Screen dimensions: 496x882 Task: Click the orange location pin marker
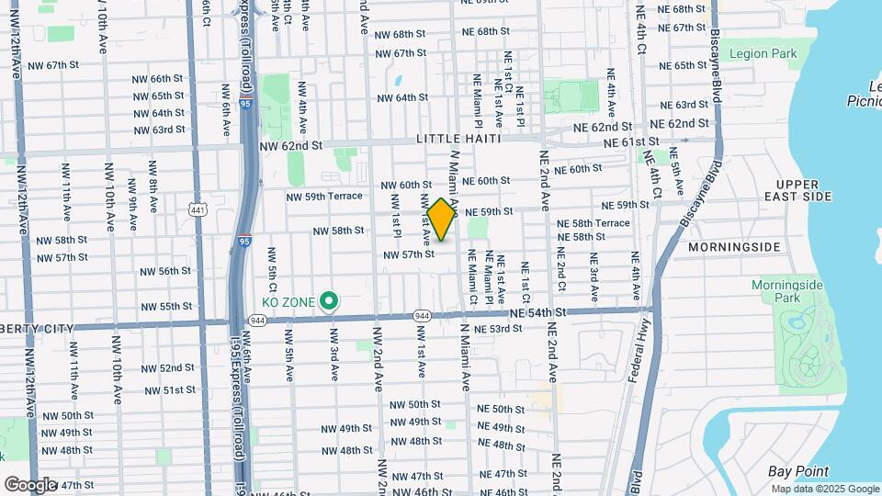click(x=442, y=220)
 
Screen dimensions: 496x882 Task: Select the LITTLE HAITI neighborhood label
click(x=458, y=139)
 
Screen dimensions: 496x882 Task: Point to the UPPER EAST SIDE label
click(x=803, y=191)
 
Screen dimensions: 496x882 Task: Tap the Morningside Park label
click(x=787, y=291)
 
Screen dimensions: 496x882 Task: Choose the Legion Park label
click(x=763, y=54)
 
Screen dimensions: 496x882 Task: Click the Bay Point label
click(x=797, y=471)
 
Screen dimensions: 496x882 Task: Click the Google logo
click(x=30, y=484)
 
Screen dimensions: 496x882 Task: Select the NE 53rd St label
click(x=499, y=328)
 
